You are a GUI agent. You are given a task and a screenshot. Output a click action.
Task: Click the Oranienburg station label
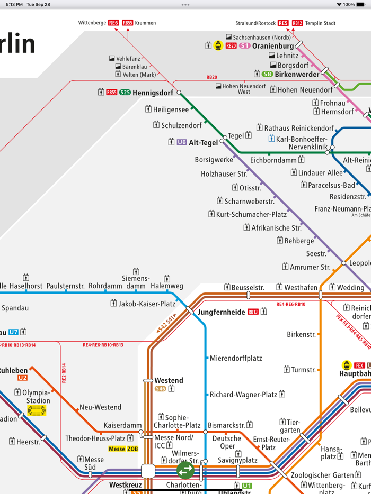pyautogui.click(x=273, y=46)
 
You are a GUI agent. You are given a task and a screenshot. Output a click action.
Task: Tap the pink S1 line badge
pyautogui.click(x=244, y=46)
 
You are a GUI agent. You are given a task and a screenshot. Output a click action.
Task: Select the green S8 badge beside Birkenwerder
pyautogui.click(x=267, y=74)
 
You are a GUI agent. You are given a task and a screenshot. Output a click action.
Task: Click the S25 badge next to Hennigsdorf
pyautogui.click(x=125, y=92)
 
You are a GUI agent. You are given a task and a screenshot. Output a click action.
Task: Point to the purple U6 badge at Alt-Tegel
pyautogui.click(x=182, y=142)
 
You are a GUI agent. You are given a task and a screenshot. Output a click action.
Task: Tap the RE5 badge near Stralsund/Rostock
pyautogui.click(x=283, y=23)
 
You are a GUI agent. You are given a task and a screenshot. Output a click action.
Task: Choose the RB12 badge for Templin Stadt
pyautogui.click(x=297, y=23)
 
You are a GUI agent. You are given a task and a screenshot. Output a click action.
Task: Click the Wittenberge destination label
pyautogui.click(x=92, y=23)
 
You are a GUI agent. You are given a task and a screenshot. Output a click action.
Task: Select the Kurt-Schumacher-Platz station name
pyautogui.click(x=251, y=214)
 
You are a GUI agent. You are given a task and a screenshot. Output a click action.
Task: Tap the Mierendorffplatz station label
pyautogui.click(x=236, y=358)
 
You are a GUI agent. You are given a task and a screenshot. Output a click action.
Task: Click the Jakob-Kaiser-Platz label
pyautogui.click(x=147, y=304)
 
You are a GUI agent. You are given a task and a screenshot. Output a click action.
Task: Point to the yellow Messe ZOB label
pyautogui.click(x=123, y=449)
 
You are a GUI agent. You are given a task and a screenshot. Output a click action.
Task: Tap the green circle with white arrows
pyautogui.click(x=185, y=470)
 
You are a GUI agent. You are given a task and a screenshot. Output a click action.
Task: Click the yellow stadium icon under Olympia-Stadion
pyautogui.click(x=37, y=410)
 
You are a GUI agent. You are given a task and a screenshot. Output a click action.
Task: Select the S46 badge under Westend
pyautogui.click(x=161, y=389)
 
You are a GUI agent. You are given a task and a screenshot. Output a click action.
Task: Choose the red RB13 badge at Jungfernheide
pyautogui.click(x=253, y=312)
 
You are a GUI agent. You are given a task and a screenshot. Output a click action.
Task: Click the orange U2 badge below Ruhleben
pyautogui.click(x=22, y=378)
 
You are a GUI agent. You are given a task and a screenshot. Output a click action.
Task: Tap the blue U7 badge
pyautogui.click(x=13, y=332)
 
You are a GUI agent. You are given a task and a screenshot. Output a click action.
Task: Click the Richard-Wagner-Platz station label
pyautogui.click(x=243, y=395)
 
